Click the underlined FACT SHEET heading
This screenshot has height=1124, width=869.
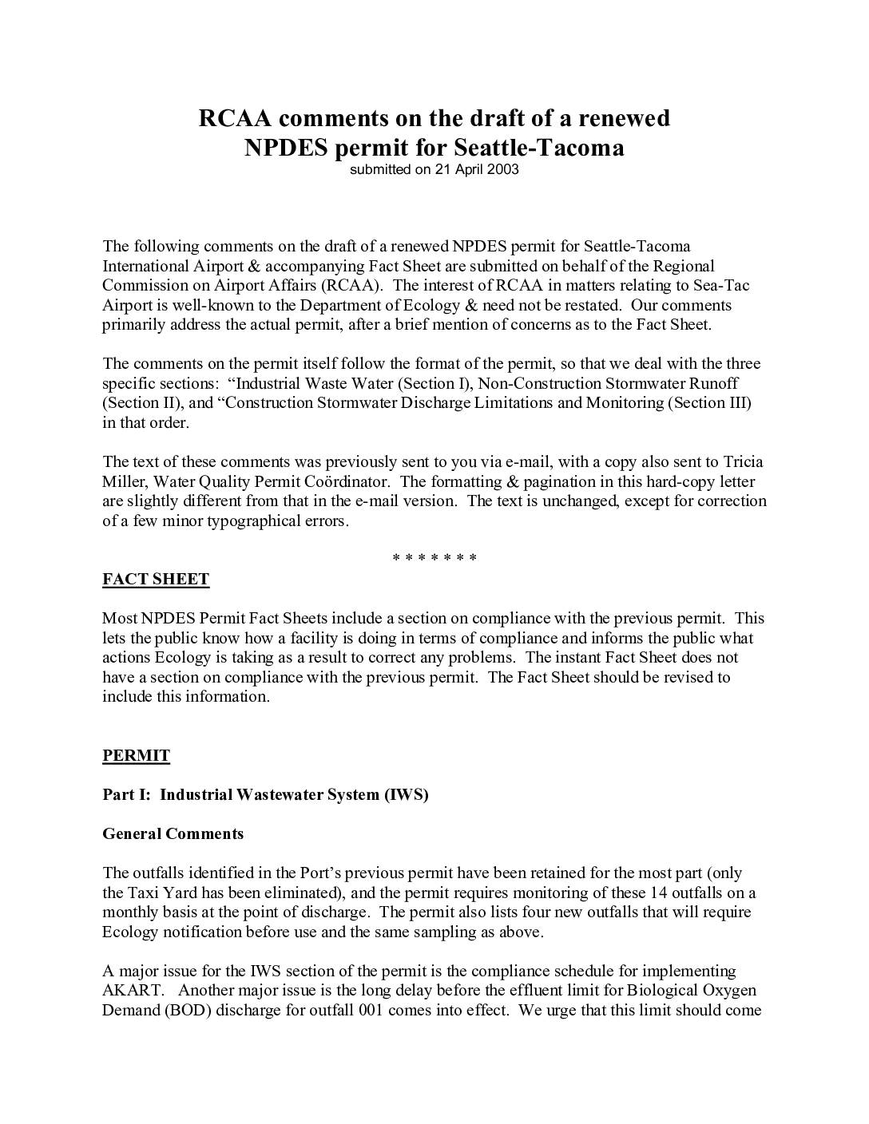click(x=156, y=580)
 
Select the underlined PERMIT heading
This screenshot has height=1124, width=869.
click(x=136, y=756)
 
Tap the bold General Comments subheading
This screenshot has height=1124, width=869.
click(x=173, y=834)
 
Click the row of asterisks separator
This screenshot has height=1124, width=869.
click(x=434, y=558)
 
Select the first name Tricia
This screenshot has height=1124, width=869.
click(x=743, y=462)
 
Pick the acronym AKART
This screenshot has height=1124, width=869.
click(x=129, y=991)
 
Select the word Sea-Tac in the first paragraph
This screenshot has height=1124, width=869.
click(x=723, y=286)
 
